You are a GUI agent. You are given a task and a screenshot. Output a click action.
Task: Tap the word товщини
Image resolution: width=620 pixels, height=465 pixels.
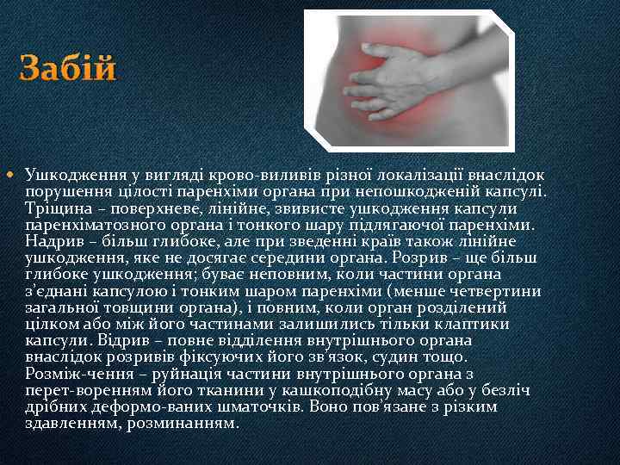tap(136, 307)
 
